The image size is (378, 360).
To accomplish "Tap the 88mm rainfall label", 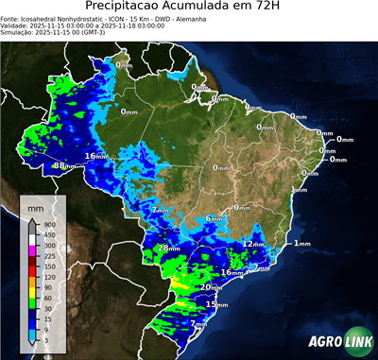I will [x=62, y=165].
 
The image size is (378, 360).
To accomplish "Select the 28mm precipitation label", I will [x=167, y=249].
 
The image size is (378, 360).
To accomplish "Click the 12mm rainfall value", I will [x=252, y=244].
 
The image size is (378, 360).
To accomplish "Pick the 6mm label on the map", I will [x=215, y=219].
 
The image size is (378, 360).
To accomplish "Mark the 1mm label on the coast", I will [x=301, y=244].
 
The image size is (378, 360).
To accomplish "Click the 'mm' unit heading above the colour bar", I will [x=35, y=206].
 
